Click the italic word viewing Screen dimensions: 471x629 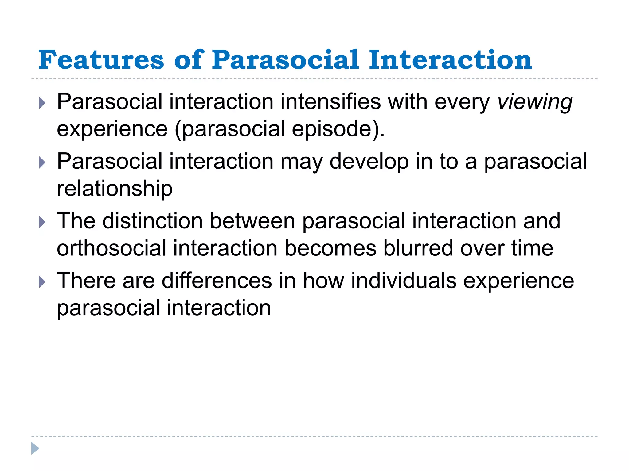pyautogui.click(x=535, y=102)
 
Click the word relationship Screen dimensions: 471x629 pyautogui.click(x=115, y=189)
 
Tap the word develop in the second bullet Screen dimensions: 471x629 pyautogui.click(x=369, y=162)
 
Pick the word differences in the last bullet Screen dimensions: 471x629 pyautogui.click(x=217, y=281)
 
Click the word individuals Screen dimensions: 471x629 pyautogui.click(x=404, y=281)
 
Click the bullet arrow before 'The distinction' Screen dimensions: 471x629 pyautogui.click(x=42, y=222)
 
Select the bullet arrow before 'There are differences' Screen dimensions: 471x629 pyautogui.click(x=42, y=281)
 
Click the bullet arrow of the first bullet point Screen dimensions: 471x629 pyautogui.click(x=42, y=103)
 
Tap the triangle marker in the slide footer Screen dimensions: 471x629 pyautogui.click(x=35, y=448)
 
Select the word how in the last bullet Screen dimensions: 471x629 pyautogui.click(x=323, y=281)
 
